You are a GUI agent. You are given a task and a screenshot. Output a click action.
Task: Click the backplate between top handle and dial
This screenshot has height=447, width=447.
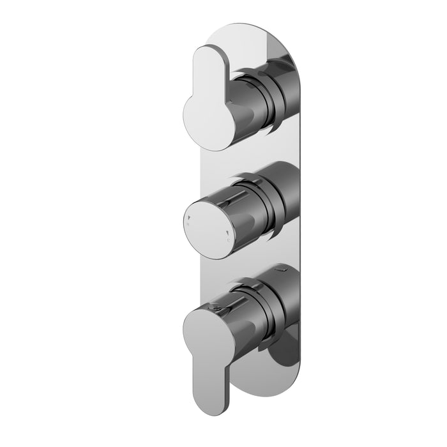[x=220, y=160]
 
